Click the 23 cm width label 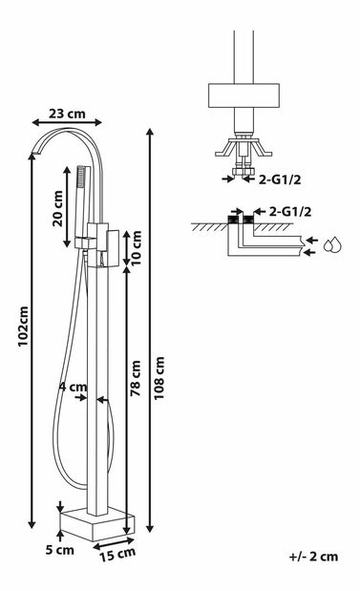(x=67, y=113)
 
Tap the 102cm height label (x=23, y=327)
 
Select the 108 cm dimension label (x=159, y=378)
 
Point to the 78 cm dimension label (x=136, y=378)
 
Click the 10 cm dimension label (x=136, y=247)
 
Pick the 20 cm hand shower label (x=57, y=208)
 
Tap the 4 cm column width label (x=74, y=387)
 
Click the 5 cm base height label (x=59, y=550)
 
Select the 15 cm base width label (x=117, y=555)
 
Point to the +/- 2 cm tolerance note (x=313, y=557)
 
